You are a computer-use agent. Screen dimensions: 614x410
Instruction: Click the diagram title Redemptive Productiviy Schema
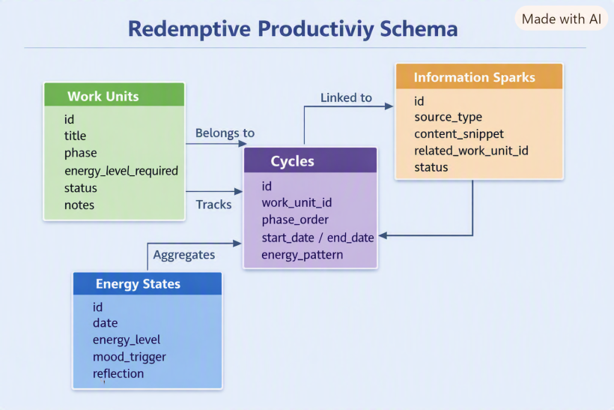[x=293, y=29]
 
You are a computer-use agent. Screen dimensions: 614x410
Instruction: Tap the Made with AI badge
[x=561, y=19]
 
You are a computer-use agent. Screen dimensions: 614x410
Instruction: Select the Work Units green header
[x=114, y=94]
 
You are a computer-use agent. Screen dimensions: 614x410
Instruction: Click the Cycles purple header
[x=311, y=160]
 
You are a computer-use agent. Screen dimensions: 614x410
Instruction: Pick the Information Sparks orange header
[x=479, y=76]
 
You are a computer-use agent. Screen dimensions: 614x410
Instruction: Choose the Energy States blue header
[x=148, y=284]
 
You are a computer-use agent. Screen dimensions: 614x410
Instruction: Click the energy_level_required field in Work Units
[x=121, y=171]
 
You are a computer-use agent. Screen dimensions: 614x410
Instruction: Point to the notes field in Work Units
[x=79, y=205]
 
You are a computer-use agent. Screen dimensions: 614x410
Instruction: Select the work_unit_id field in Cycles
[x=297, y=202]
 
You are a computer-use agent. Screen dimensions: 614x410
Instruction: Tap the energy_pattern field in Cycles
[x=303, y=255]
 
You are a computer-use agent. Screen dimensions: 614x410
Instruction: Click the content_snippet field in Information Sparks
[x=459, y=134]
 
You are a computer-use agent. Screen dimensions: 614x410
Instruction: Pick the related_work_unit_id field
[x=471, y=151]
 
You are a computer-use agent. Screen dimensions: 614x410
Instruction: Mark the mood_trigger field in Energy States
[x=130, y=357]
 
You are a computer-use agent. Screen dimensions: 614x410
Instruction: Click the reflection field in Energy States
[x=118, y=373]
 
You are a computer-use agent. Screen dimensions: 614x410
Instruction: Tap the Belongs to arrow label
[x=225, y=133]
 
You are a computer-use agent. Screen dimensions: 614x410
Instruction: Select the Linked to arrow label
[x=346, y=97]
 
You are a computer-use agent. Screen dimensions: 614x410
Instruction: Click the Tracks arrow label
[x=214, y=205]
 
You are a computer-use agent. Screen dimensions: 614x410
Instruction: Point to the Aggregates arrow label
[x=184, y=255]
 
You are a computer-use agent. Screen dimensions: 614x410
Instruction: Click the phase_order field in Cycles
[x=295, y=220]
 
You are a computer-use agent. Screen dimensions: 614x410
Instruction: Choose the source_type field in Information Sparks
[x=448, y=117]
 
